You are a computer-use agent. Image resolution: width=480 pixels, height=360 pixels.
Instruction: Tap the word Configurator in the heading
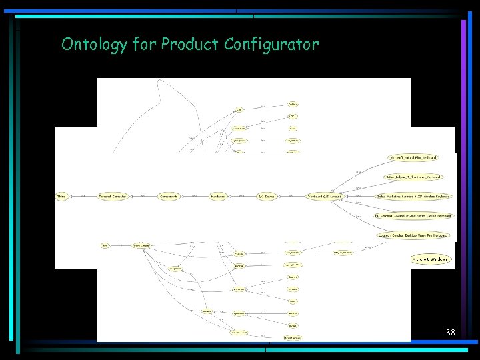271,45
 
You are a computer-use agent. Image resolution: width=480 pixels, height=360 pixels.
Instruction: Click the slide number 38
451,332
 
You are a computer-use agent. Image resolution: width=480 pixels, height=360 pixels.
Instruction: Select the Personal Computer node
113,197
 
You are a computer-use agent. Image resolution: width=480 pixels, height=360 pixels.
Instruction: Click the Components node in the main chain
169,197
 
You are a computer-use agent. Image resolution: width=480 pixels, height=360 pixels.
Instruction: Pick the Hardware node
217,197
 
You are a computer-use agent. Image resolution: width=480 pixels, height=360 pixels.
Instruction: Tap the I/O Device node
267,197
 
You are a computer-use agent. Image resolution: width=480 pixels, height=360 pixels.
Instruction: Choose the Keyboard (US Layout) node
323,197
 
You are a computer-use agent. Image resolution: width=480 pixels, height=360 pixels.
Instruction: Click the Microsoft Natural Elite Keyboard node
414,158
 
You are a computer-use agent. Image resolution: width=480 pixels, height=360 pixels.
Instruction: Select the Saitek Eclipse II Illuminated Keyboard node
413,177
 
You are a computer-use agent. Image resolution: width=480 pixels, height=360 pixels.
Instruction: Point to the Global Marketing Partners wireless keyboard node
413,197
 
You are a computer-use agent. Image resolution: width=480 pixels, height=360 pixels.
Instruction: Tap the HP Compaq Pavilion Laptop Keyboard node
413,216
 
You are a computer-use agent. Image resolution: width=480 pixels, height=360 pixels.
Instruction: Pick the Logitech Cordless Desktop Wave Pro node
413,235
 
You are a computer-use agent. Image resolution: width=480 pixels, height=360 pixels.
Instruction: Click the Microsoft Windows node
431,259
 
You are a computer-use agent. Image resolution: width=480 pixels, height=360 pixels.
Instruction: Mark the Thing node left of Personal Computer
62,197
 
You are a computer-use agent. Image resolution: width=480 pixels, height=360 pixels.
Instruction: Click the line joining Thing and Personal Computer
83,197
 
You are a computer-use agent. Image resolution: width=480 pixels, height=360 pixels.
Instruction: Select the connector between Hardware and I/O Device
243,197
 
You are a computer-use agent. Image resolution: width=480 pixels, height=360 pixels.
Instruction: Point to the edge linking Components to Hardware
193,197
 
